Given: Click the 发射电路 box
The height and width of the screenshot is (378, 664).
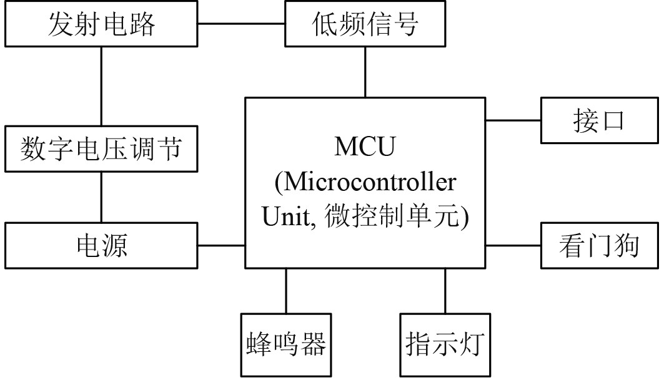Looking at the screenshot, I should click(x=101, y=24).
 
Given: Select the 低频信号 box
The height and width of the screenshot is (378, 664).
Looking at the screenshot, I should click(x=365, y=24).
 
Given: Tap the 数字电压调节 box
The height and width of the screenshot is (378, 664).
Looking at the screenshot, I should click(x=101, y=149).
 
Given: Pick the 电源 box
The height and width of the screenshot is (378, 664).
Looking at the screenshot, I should click(x=101, y=245).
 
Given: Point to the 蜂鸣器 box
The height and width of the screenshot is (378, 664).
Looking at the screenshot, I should click(x=285, y=344).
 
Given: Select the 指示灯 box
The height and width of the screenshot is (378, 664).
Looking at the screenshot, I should click(x=445, y=344).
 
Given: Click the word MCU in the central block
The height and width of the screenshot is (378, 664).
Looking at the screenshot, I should click(x=365, y=148).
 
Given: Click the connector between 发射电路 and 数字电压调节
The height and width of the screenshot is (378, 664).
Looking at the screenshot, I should click(x=101, y=87).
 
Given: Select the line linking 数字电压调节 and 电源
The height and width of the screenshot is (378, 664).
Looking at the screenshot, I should click(x=101, y=198).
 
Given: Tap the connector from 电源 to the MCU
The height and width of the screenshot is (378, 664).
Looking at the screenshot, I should click(x=221, y=245).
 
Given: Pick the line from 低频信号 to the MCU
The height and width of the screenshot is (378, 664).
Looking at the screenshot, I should click(x=365, y=72).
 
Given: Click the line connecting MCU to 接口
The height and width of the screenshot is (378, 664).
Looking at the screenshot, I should click(x=513, y=120).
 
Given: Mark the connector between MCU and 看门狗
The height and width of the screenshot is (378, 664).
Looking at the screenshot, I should click(x=513, y=245).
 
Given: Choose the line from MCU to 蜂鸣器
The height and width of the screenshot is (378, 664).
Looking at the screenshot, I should click(x=285, y=291).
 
